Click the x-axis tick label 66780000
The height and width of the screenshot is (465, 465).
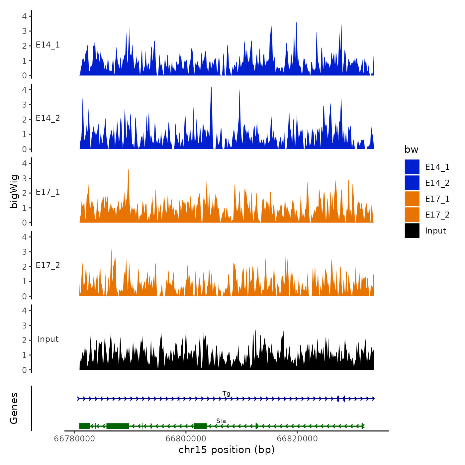pyautogui.click(x=74, y=438)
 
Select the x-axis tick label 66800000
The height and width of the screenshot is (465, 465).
pyautogui.click(x=186, y=438)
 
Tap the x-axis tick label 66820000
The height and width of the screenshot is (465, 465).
pyautogui.click(x=297, y=438)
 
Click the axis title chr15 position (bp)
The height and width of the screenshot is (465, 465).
pyautogui.click(x=227, y=450)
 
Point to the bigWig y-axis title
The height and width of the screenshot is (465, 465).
pyautogui.click(x=14, y=191)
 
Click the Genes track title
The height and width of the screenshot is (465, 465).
pyautogui.click(x=14, y=408)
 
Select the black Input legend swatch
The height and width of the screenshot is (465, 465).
pyautogui.click(x=412, y=231)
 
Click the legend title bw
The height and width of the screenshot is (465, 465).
pyautogui.click(x=411, y=149)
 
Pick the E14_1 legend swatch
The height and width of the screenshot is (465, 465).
pyautogui.click(x=412, y=167)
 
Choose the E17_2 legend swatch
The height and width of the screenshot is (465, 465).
pyautogui.click(x=412, y=215)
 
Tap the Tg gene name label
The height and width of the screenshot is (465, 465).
pyautogui.click(x=226, y=394)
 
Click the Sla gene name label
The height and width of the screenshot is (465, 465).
pyautogui.click(x=221, y=421)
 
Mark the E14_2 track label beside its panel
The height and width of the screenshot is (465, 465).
pyautogui.click(x=48, y=118)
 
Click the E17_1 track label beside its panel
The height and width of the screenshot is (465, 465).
pyautogui.click(x=48, y=192)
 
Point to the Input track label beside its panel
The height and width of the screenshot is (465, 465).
pyautogui.click(x=48, y=339)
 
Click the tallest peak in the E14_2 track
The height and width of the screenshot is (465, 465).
pyautogui.click(x=211, y=88)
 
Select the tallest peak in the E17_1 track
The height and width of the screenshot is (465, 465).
pyautogui.click(x=128, y=170)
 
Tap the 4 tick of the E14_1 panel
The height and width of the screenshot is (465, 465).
pyautogui.click(x=25, y=16)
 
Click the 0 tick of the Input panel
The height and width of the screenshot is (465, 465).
pyautogui.click(x=25, y=370)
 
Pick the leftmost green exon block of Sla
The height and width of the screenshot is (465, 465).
pyautogui.click(x=84, y=426)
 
